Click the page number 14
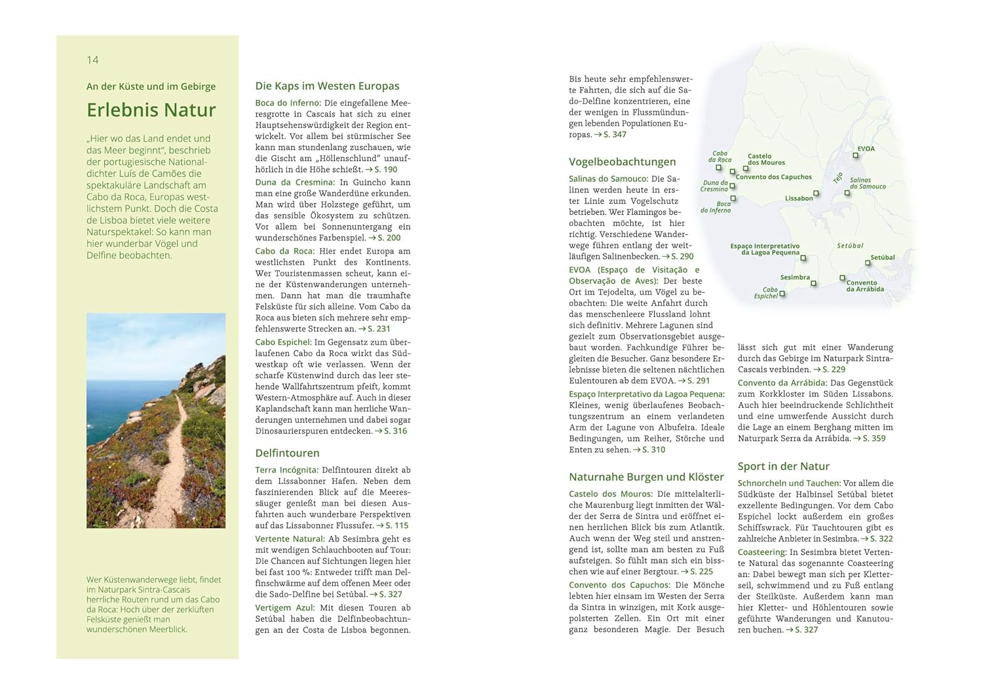tap(92, 60)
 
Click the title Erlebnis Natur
tap(151, 110)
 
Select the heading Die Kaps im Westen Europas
tap(327, 86)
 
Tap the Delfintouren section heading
tap(287, 453)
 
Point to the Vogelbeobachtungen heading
tap(622, 162)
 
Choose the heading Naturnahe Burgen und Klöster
tap(646, 477)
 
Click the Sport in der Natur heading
tap(783, 466)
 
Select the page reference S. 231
tap(378, 329)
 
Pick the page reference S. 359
tap(873, 438)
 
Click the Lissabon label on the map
tap(798, 198)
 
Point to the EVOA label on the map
tap(866, 149)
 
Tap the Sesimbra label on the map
tap(794, 278)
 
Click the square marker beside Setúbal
tap(868, 263)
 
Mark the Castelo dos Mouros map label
tap(765, 159)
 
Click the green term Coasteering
tap(761, 552)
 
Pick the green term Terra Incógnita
tap(286, 470)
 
